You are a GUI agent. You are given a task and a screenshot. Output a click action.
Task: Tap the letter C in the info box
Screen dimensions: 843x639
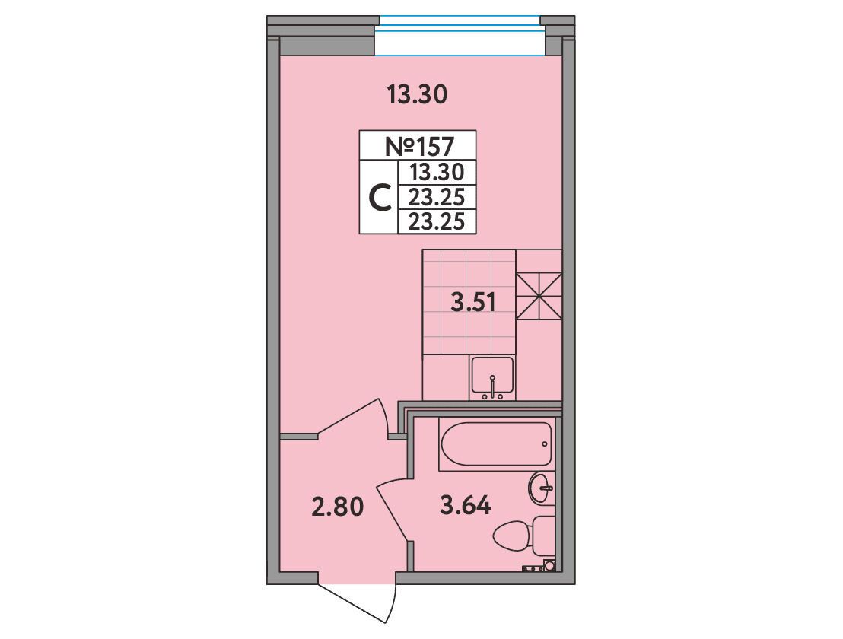click(380, 198)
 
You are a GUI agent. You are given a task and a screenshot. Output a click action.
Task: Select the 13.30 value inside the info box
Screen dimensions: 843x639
click(437, 173)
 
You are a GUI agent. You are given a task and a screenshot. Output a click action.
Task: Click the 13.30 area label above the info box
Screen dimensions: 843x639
click(417, 96)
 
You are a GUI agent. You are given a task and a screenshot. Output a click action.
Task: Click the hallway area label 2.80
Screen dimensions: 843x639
click(338, 507)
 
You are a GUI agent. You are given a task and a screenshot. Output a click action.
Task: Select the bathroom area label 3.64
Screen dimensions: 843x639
click(466, 505)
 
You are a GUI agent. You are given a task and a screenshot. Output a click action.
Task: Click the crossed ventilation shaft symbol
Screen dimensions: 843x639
click(539, 297)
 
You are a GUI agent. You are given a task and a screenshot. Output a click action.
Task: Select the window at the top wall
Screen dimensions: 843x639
click(460, 36)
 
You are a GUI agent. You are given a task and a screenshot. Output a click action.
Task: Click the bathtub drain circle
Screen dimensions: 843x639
click(545, 444)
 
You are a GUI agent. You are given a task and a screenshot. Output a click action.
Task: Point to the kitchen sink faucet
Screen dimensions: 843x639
click(492, 386)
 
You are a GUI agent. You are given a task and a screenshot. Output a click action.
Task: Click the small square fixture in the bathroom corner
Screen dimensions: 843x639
click(549, 564)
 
